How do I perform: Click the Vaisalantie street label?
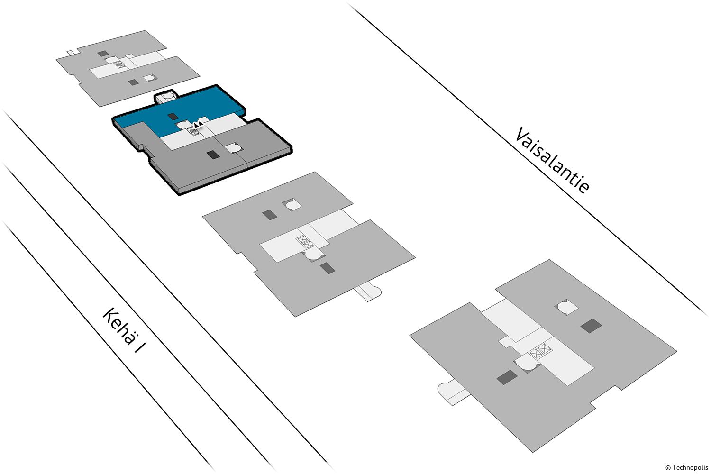tap(553, 160)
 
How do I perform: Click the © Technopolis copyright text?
tap(686, 467)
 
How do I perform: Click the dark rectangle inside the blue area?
tap(173, 117)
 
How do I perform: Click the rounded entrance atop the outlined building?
tap(166, 97)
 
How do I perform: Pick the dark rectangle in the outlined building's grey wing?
tap(213, 155)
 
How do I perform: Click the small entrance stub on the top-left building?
tap(70, 52)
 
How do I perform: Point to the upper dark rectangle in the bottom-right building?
tap(591, 326)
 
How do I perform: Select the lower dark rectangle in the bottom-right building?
tap(507, 377)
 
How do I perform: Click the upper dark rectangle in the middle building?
tap(270, 215)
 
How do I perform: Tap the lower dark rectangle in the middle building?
tap(327, 268)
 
